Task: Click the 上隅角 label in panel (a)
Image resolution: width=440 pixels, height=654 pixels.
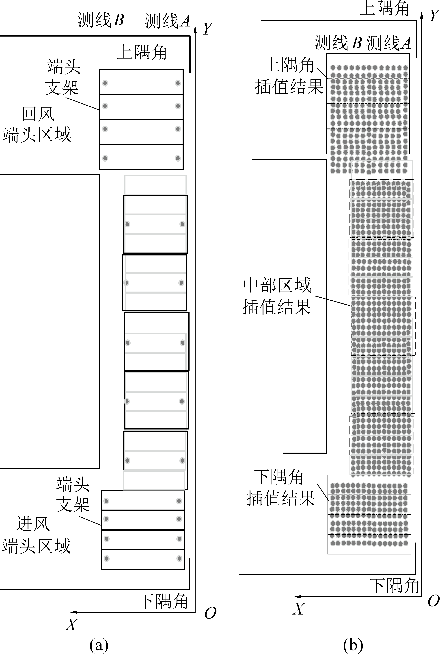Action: click(x=142, y=52)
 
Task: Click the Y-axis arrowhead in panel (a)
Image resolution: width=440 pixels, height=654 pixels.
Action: click(x=195, y=29)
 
